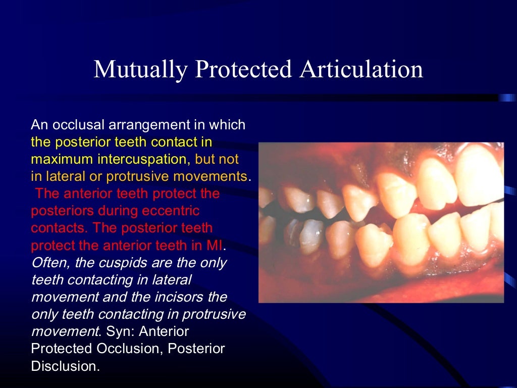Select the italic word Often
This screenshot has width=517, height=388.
coord(47,263)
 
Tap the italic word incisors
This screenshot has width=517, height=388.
coord(164,297)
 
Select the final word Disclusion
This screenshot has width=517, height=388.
coord(65,366)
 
